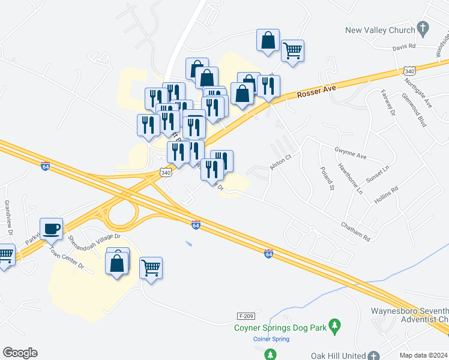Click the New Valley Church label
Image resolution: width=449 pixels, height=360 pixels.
coord(380,30)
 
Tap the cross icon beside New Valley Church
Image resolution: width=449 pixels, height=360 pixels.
coord(424,28)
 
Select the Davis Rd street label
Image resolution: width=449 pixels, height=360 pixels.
coord(404,46)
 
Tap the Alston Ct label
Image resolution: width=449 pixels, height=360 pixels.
coord(280,162)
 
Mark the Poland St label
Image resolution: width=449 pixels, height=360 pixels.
coord(327,179)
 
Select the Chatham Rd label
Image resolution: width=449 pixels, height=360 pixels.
coord(355,231)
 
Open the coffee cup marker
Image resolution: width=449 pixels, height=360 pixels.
coord(51,229)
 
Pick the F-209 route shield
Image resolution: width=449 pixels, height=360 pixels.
coord(244,316)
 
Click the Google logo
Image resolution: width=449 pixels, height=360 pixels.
coord(20,353)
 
